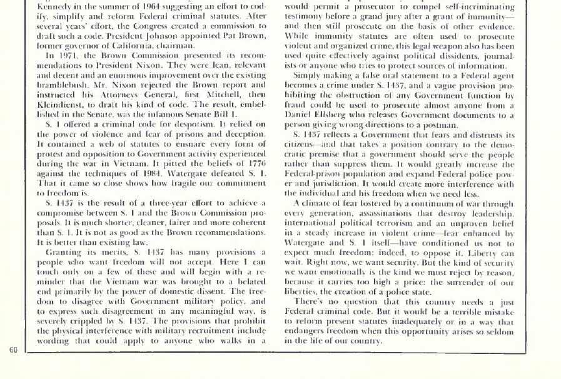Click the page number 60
(x=13, y=349)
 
